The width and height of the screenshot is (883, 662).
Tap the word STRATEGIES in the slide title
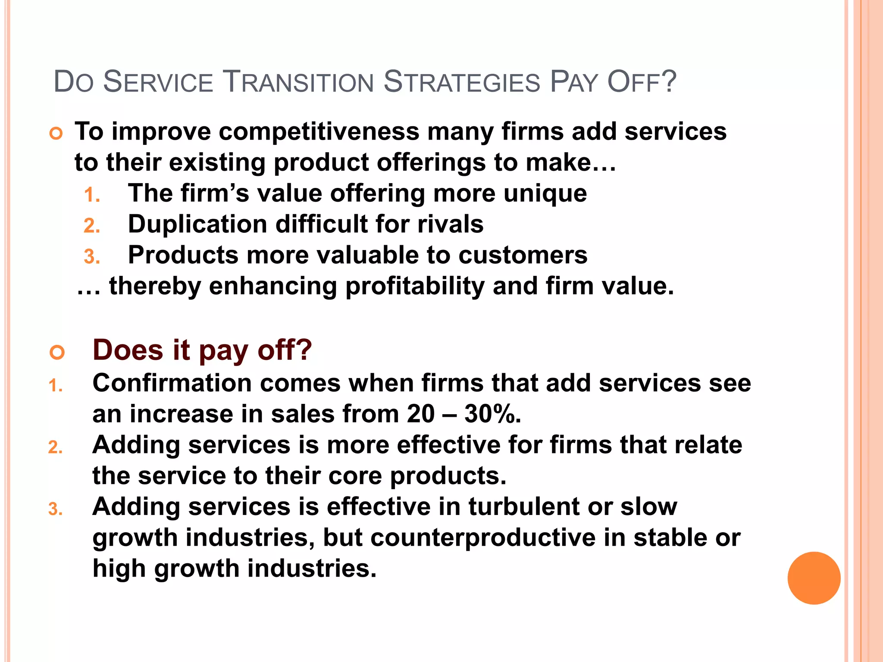pyautogui.click(x=461, y=82)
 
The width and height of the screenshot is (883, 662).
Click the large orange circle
pyautogui.click(x=814, y=578)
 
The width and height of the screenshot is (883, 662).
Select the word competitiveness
pyautogui.click(x=319, y=131)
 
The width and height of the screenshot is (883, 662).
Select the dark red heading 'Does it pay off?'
pyautogui.click(x=202, y=350)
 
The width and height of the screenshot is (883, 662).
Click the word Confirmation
pyautogui.click(x=172, y=383)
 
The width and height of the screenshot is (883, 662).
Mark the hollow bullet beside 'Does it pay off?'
pyautogui.click(x=56, y=352)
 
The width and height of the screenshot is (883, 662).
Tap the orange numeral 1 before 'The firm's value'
pyautogui.click(x=90, y=195)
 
